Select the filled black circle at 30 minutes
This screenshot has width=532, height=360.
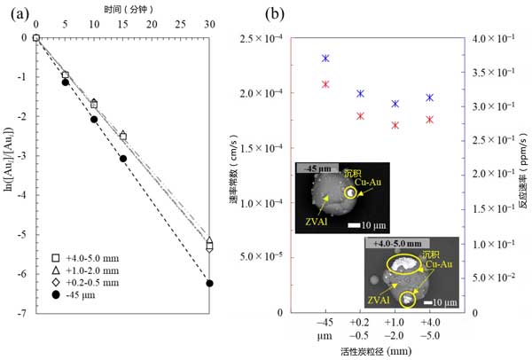point(209,284)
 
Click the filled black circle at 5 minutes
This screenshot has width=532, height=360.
point(65,82)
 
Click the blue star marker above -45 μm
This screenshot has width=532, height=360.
point(325,59)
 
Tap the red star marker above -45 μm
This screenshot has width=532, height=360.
point(325,84)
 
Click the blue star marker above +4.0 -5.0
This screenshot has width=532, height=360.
point(429,98)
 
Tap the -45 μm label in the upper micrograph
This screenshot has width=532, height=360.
point(315,167)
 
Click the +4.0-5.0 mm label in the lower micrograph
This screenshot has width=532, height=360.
point(404,242)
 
